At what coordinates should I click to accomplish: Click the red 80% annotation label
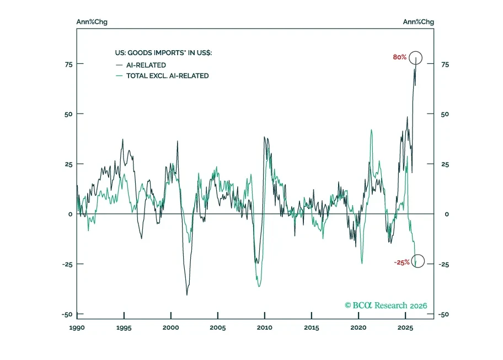pos(399,57)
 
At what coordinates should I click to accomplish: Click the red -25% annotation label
pos(402,262)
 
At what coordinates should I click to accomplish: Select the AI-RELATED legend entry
pos(141,65)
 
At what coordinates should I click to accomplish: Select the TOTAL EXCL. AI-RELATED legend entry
pos(162,76)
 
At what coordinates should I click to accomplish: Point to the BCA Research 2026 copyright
pos(386,305)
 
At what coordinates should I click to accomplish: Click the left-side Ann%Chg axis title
pos(92,22)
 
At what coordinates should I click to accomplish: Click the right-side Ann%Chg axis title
pos(418,22)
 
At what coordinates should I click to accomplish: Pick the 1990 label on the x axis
pos(77,327)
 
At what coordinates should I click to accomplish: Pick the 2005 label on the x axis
pos(218,327)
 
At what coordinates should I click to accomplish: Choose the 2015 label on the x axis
pos(312,327)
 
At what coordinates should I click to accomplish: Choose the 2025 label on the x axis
pos(405,327)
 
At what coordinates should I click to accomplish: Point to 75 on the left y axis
pos(68,65)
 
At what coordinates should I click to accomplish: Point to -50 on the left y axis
pos(67,314)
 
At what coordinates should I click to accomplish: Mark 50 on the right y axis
pos(445,115)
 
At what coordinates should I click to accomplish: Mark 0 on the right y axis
pos(447,214)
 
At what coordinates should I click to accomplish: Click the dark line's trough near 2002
pos(187,294)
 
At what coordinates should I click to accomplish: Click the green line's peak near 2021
pos(372,130)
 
